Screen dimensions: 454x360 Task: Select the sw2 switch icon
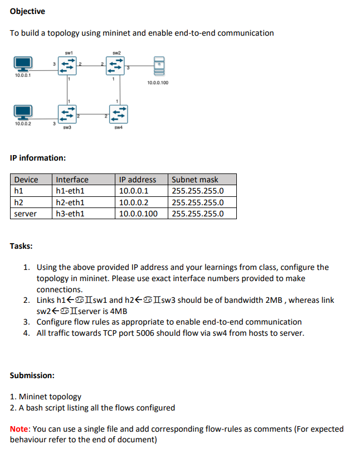click(115, 66)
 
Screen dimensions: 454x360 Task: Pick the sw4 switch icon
click(118, 114)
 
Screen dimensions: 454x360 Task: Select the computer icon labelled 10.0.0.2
click(23, 113)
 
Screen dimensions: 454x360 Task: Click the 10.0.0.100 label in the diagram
click(158, 83)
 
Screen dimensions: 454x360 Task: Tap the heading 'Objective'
click(27, 11)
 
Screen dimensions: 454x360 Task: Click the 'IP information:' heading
click(38, 158)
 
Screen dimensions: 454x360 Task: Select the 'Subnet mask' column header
click(195, 180)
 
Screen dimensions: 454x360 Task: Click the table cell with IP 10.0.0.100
click(139, 214)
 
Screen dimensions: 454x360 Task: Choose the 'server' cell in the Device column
click(25, 214)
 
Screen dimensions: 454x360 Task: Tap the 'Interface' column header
click(72, 180)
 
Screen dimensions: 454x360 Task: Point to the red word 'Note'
click(20, 429)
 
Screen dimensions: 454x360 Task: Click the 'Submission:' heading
click(32, 375)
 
